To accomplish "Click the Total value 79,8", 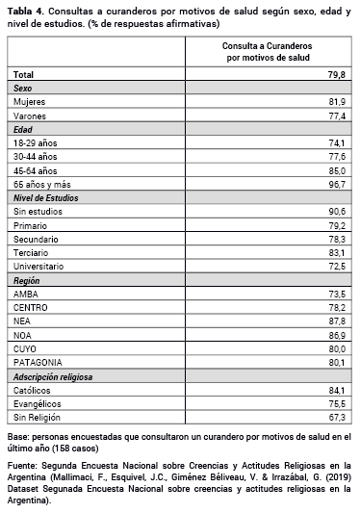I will (337, 73).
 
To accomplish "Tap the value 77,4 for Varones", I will (337, 115).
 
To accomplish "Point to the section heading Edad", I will (24, 128).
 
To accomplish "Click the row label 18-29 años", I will (36, 141).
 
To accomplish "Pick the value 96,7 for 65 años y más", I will (337, 182).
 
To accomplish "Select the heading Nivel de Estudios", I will (45, 196).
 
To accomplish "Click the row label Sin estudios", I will (37, 210).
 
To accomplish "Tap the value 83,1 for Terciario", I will (337, 251).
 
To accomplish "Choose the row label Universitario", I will (39, 265).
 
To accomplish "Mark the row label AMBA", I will (27, 293).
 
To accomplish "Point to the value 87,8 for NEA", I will (337, 320).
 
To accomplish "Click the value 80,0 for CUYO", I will (337, 347).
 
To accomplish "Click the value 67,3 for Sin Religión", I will (337, 417).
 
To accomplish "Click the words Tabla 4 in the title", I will (24, 9).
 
